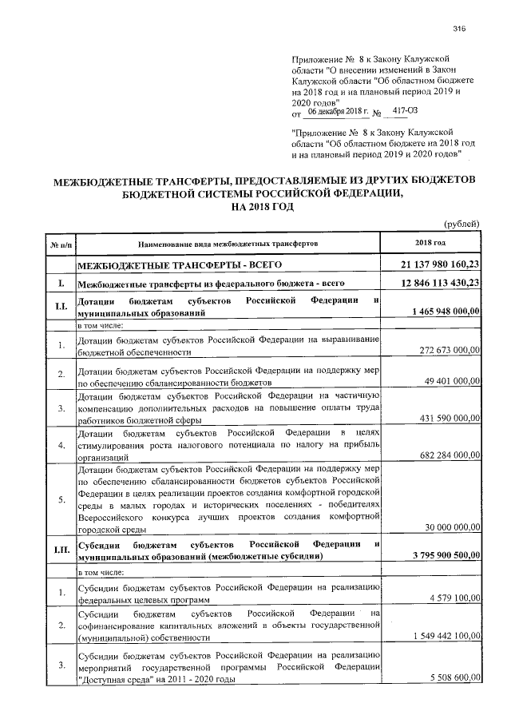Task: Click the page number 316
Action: (458, 30)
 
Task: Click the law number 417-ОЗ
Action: (374, 113)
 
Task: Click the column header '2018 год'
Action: (430, 242)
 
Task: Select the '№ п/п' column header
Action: (61, 243)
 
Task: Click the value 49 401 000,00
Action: (452, 381)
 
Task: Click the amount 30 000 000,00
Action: (452, 527)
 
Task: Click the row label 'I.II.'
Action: (61, 549)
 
